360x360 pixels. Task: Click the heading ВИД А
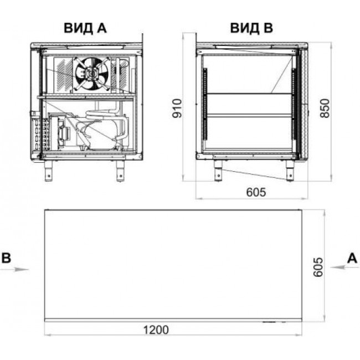(85, 28)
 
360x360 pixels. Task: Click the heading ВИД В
(251, 28)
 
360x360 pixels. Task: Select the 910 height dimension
(177, 108)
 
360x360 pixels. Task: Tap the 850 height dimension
(325, 108)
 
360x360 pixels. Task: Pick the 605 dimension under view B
(256, 192)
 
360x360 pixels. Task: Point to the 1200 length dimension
(156, 330)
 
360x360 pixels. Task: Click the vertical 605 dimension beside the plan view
(318, 267)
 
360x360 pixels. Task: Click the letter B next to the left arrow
(6, 258)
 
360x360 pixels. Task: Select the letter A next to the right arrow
(352, 258)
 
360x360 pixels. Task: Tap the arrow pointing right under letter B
(14, 269)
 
